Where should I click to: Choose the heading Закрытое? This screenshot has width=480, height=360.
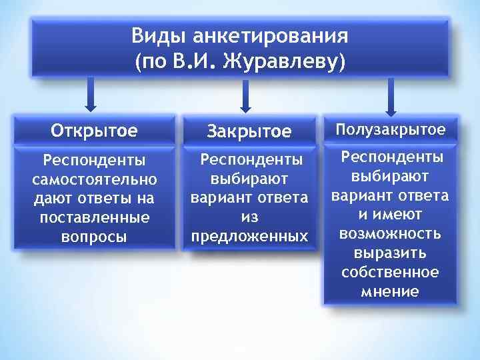coord(249,131)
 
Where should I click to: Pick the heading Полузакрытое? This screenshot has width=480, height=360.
coord(390,129)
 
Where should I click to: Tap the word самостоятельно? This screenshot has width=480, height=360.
coord(94,180)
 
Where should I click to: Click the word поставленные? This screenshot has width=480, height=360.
coord(94,217)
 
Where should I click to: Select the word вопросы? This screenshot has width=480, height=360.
coord(94,237)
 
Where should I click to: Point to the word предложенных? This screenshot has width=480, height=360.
coord(249,236)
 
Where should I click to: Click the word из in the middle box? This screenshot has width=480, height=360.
coord(249,217)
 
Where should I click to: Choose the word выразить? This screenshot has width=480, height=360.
coord(390,253)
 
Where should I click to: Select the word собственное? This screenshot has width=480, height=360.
coord(390,272)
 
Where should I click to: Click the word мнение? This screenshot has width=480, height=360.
coord(390,291)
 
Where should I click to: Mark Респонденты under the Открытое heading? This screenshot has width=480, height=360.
coord(94,161)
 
